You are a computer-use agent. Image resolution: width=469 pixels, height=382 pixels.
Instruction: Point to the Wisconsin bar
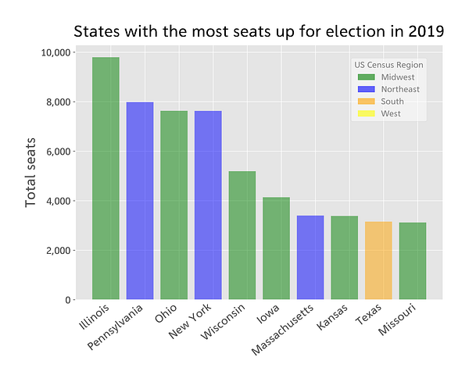click(x=242, y=235)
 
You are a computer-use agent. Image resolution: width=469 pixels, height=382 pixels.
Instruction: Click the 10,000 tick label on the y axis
click(x=55, y=52)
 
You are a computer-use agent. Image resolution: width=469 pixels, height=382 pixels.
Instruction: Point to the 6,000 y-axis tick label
click(x=59, y=152)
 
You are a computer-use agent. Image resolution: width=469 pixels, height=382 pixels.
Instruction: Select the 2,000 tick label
click(x=59, y=251)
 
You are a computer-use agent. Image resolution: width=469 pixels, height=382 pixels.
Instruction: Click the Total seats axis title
click(x=31, y=175)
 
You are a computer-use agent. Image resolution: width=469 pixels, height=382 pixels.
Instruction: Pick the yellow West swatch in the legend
click(x=366, y=114)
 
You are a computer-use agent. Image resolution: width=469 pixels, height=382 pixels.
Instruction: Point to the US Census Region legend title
click(x=388, y=65)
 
